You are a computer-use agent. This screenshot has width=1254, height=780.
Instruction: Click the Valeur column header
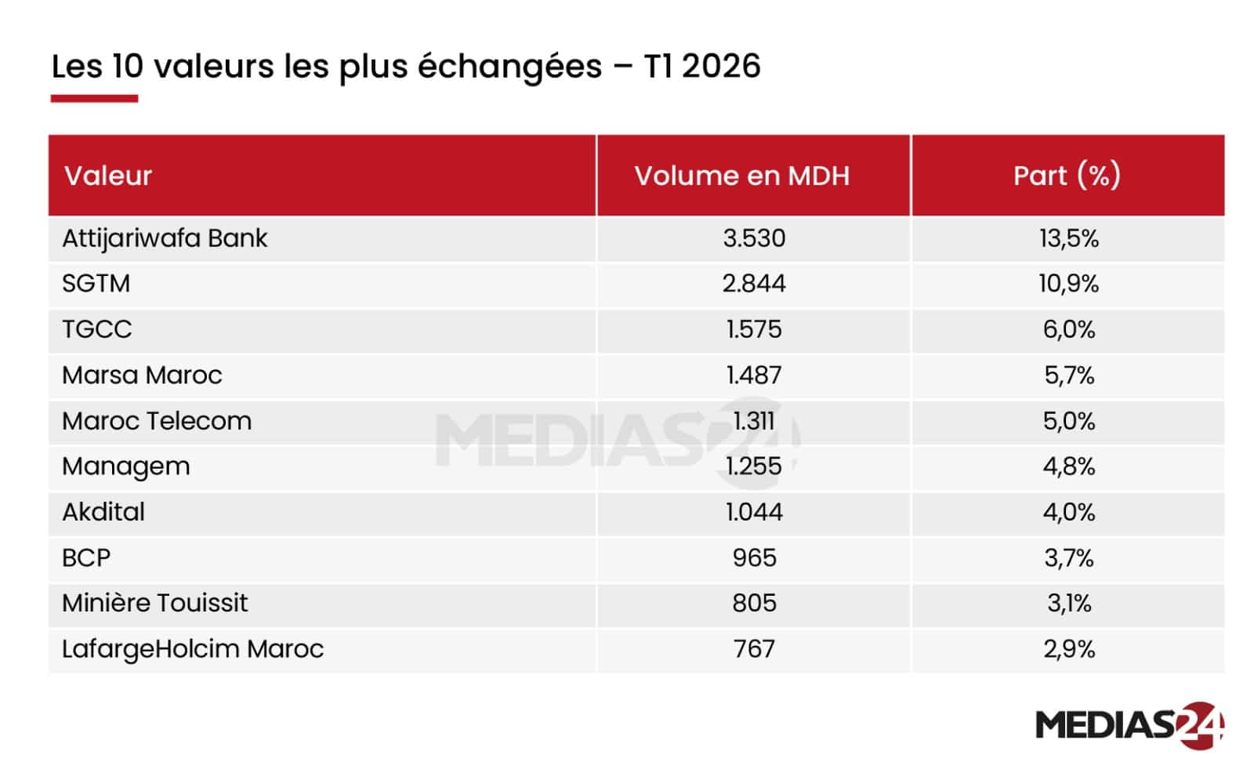pos(108,176)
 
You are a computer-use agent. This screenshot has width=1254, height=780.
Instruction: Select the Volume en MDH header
pos(741,176)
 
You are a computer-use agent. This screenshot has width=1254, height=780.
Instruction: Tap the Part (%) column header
pos(1067,176)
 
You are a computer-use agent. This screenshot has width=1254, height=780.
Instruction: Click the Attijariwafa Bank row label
pos(165,238)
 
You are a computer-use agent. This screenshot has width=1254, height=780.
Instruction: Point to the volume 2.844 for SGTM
pos(753,284)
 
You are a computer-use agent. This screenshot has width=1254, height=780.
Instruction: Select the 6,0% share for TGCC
pos(1068,329)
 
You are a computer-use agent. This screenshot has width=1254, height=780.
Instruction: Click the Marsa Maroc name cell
pos(142,375)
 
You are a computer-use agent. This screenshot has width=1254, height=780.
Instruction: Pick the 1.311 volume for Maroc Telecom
pos(753,421)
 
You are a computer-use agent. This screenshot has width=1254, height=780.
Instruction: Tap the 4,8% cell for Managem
pos(1068,466)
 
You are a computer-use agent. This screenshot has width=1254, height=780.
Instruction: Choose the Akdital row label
pos(103,512)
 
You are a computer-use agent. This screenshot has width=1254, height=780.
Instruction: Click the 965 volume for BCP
pos(754,558)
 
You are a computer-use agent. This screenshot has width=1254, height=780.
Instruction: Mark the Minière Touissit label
pos(154,603)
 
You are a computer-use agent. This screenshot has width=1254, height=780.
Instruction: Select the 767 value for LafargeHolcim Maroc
pos(753,649)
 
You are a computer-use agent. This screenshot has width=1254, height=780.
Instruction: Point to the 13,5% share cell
pos(1068,238)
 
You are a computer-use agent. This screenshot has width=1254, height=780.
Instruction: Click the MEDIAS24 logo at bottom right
pos(1129,725)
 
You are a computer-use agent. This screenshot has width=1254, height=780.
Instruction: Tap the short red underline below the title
pos(94,99)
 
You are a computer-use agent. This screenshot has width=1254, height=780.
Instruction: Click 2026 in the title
pos(721,66)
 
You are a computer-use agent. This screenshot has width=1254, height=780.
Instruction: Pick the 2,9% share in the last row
pos(1068,649)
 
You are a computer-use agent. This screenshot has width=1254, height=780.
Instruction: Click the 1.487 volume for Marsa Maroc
pos(753,375)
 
